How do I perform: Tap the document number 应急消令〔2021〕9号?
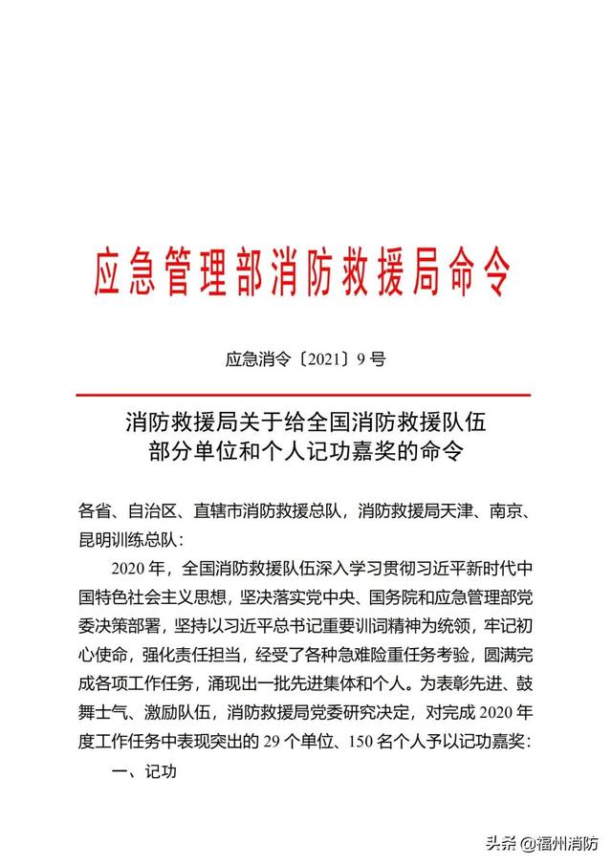[x=305, y=360]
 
